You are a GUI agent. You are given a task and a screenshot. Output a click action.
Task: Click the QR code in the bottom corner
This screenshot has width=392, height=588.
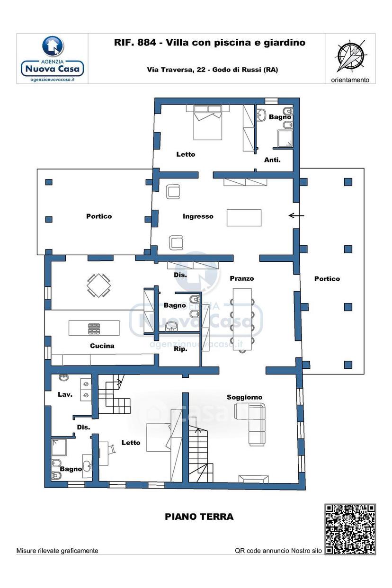click(x=350, y=529)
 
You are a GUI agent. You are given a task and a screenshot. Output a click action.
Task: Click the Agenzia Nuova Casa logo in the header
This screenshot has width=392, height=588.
click(x=53, y=59)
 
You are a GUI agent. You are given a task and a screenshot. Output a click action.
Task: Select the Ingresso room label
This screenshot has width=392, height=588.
click(x=198, y=216)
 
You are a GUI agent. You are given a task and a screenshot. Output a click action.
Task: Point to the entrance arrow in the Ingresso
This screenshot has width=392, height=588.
click(x=296, y=216)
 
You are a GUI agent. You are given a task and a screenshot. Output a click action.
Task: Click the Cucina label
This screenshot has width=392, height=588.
click(x=102, y=346)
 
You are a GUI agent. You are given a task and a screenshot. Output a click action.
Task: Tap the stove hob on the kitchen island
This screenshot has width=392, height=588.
click(x=94, y=329)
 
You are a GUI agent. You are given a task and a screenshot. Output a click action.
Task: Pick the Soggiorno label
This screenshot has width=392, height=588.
click(x=244, y=398)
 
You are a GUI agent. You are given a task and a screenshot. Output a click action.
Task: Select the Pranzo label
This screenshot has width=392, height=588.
click(x=242, y=278)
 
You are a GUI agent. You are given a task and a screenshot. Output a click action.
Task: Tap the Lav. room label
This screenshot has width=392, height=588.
click(x=65, y=394)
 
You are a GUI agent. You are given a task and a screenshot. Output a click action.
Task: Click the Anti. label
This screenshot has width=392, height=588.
click(x=272, y=160)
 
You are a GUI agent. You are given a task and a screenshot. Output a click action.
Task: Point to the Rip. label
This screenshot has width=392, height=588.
click(x=181, y=349)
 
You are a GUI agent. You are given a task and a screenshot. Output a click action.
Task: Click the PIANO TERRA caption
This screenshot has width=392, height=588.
click(x=199, y=517)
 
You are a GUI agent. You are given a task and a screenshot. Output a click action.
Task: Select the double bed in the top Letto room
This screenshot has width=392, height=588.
click(x=207, y=122)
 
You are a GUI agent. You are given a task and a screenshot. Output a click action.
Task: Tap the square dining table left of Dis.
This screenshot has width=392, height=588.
click(x=98, y=285)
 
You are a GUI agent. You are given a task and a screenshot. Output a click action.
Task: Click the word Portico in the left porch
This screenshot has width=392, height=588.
click(x=99, y=216)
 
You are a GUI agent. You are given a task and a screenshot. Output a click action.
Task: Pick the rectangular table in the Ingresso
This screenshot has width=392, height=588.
click(x=244, y=218)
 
